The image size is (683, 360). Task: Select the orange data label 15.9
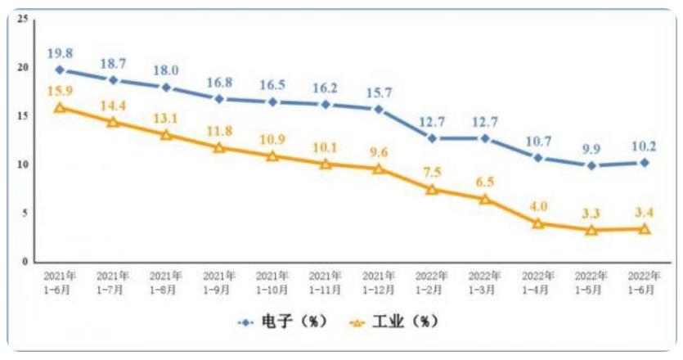[59, 90]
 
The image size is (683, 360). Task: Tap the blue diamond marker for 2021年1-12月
[378, 109]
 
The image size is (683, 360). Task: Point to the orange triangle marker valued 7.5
[432, 189]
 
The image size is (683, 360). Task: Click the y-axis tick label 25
[23, 19]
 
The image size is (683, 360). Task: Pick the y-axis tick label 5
[25, 213]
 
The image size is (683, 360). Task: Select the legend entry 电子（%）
[282, 322]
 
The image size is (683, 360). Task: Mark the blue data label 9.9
[591, 149]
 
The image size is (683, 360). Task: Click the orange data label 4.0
[538, 206]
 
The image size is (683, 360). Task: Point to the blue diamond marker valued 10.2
[645, 163]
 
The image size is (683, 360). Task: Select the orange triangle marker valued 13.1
[166, 135]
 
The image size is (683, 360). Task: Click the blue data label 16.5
[272, 85]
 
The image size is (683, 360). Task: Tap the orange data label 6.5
[485, 182]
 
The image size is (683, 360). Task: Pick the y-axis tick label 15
[23, 116]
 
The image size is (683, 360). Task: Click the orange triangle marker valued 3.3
[591, 230]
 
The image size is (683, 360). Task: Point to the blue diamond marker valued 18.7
[113, 80]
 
